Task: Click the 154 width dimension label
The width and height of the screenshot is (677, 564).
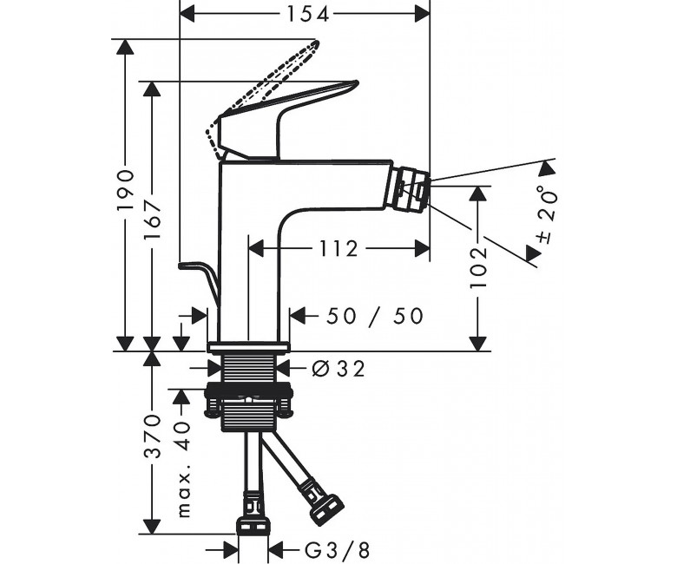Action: coord(308,14)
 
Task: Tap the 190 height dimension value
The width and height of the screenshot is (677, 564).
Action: coord(126,189)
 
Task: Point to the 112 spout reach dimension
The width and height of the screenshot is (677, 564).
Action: coord(338,248)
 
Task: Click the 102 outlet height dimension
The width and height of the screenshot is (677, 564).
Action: coord(478,267)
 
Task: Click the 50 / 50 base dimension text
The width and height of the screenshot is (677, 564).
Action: coord(374,317)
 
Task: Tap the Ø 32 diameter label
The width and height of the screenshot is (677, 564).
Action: coord(338,369)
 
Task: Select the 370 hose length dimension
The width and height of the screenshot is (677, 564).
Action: coord(152,436)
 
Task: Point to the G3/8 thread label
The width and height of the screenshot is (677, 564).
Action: coord(338,551)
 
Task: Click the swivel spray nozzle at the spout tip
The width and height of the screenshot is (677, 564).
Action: coord(411,190)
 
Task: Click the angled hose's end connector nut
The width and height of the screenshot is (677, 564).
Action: coord(328,509)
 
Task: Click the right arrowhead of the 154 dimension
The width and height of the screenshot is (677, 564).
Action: coord(422,15)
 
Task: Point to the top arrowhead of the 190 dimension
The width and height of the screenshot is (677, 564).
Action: coord(125,47)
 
